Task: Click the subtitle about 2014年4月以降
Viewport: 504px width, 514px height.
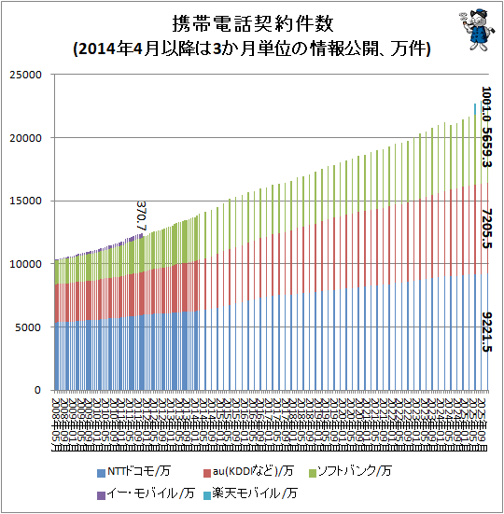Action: point(252,49)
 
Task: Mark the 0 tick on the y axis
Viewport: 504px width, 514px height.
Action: point(38,390)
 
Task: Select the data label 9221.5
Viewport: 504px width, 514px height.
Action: point(485,331)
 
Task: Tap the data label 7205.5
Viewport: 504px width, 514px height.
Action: point(485,229)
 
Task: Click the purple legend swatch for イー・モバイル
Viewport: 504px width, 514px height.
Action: point(101,492)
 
